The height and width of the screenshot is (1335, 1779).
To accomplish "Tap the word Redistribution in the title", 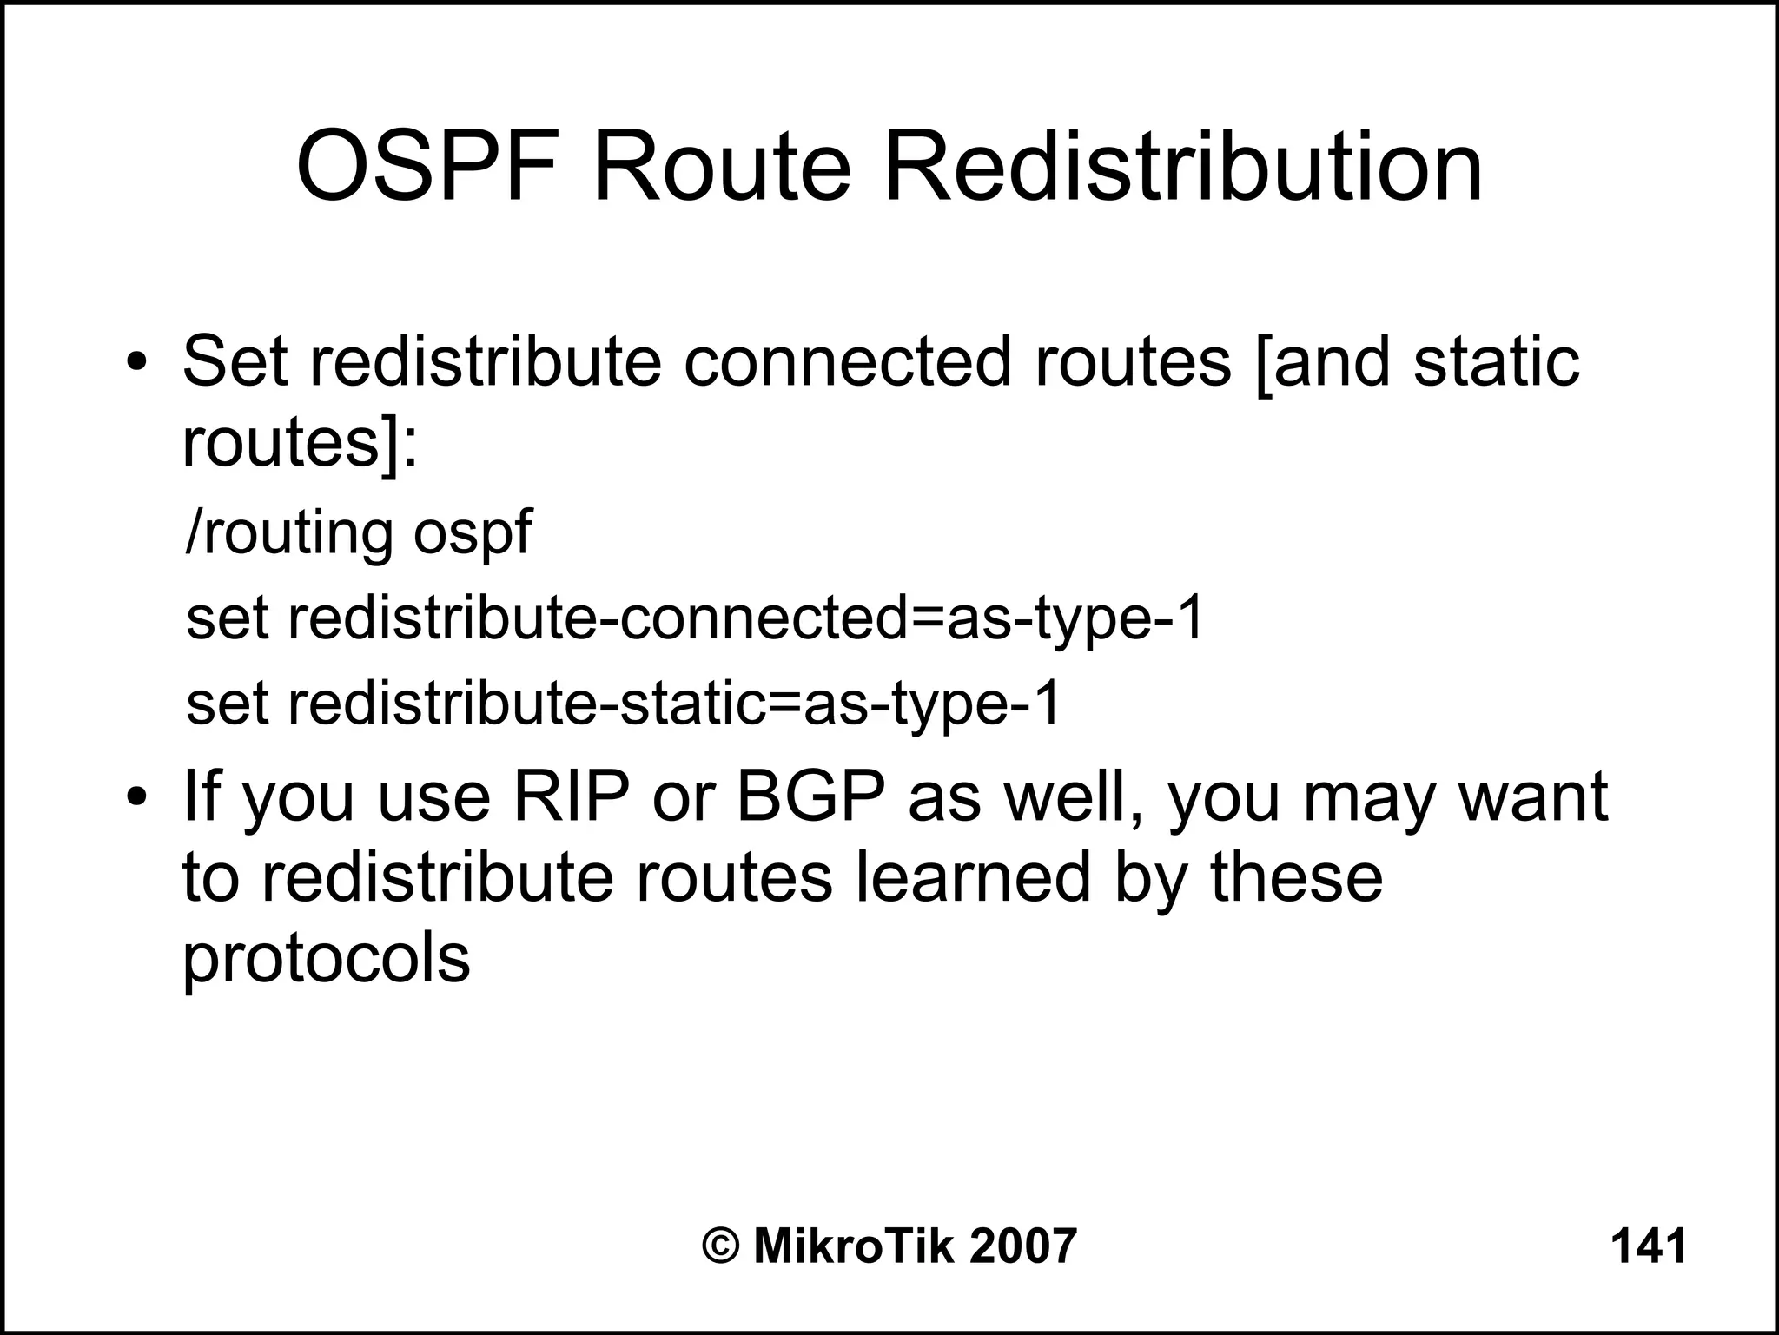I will [x=1182, y=167].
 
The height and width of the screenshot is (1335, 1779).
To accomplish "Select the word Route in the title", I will [x=720, y=167].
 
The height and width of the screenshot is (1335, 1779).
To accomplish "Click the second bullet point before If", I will [x=136, y=798].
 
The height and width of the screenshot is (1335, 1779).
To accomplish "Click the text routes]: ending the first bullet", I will [x=300, y=444].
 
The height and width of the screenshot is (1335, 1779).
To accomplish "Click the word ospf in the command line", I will [x=472, y=533].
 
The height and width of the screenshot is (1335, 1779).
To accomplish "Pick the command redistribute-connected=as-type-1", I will [x=745, y=618].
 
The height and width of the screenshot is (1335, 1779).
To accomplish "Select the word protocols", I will [x=326, y=960].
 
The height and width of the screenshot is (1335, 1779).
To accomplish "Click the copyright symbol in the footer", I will [x=720, y=1246].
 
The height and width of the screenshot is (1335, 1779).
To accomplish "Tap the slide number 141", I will [x=1648, y=1246].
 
